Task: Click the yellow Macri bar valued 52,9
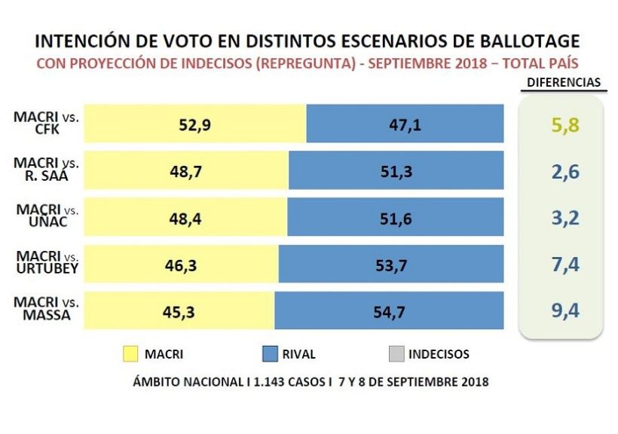click(194, 123)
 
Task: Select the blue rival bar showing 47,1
click(405, 123)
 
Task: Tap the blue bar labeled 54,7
click(389, 310)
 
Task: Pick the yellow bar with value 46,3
click(181, 264)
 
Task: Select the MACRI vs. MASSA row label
click(46, 310)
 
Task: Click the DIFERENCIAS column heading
click(562, 82)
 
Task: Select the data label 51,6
click(396, 219)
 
